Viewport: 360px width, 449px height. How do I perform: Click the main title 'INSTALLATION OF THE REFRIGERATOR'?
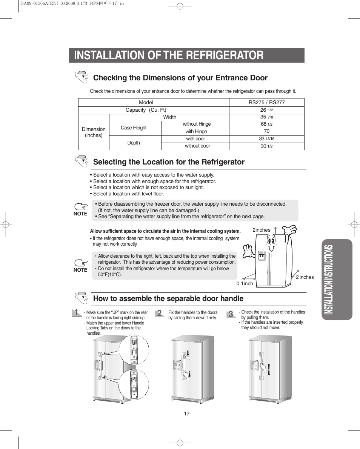pyautogui.click(x=169, y=55)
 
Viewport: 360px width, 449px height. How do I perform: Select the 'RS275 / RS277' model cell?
pyautogui.click(x=266, y=102)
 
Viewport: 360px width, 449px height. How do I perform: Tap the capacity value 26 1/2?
pyautogui.click(x=266, y=110)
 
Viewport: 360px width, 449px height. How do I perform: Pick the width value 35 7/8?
pyautogui.click(x=266, y=117)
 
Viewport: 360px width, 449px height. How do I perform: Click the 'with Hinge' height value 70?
pyautogui.click(x=266, y=131)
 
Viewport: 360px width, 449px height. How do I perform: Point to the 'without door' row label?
pyautogui.click(x=197, y=146)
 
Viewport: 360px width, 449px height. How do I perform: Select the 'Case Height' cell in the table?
pyautogui.click(x=134, y=128)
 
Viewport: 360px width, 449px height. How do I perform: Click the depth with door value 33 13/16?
pyautogui.click(x=266, y=139)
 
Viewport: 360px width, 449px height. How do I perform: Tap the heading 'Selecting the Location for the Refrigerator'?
pyautogui.click(x=169, y=162)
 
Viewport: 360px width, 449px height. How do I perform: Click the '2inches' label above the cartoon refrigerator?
pyautogui.click(x=262, y=230)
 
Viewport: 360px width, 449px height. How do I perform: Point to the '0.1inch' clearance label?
pyautogui.click(x=245, y=283)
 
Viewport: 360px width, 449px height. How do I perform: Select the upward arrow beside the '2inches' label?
pyautogui.click(x=275, y=230)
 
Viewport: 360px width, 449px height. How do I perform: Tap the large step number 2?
pyautogui.click(x=160, y=314)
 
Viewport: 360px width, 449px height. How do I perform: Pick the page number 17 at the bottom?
pyautogui.click(x=186, y=414)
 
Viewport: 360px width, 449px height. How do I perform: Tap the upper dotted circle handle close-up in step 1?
pyautogui.click(x=134, y=349)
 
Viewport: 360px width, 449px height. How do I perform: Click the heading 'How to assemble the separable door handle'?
pyautogui.click(x=168, y=298)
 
